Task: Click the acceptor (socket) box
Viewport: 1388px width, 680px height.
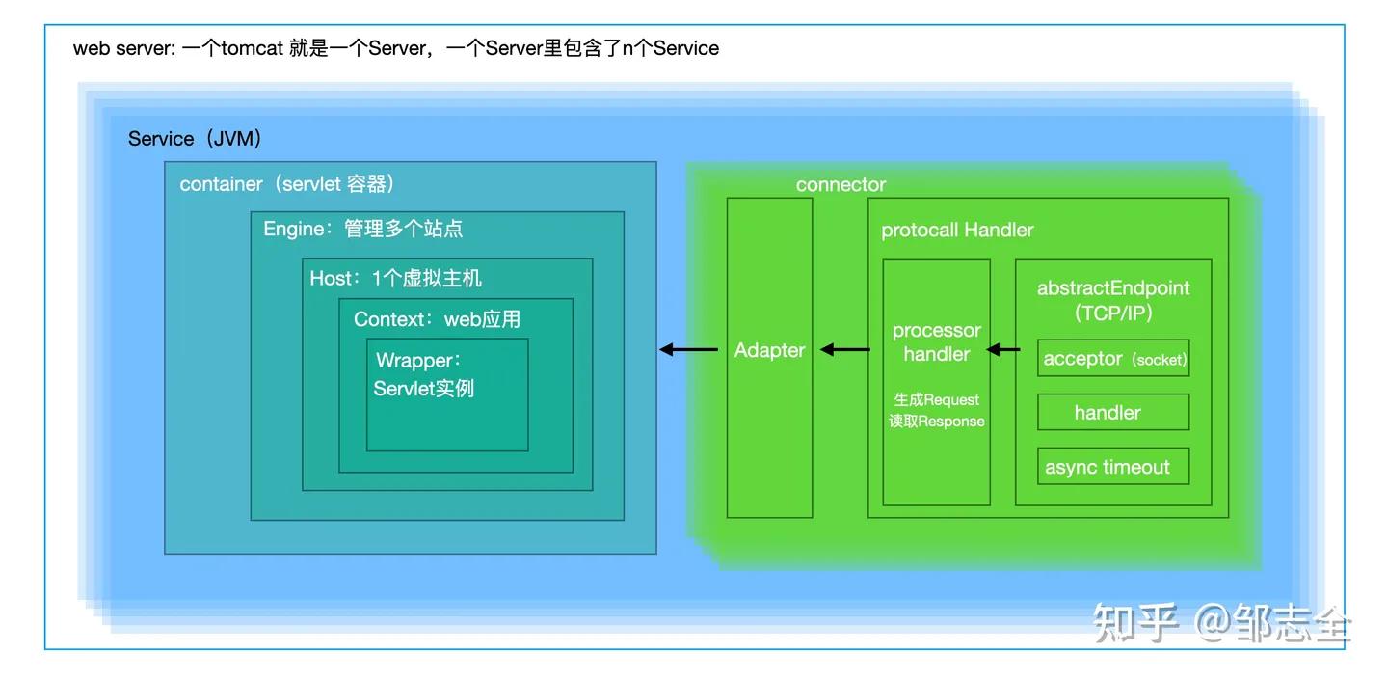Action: (x=1113, y=358)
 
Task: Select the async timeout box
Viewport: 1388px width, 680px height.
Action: (x=1113, y=467)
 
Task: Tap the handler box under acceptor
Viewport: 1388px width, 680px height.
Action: (x=1113, y=413)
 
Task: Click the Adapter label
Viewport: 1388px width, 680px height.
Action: (x=769, y=350)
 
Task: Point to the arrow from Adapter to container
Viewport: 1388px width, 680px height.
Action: (x=688, y=350)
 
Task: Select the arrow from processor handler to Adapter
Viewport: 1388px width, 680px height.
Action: (x=844, y=350)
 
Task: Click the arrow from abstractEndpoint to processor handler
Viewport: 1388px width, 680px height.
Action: (x=1004, y=350)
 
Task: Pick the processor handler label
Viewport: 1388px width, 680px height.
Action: (x=936, y=342)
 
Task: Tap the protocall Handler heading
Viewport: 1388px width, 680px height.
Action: (x=957, y=231)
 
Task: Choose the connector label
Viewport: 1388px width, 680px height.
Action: (x=841, y=185)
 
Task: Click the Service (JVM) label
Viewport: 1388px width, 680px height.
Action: (x=196, y=139)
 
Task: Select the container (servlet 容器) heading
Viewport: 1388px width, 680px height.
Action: (x=287, y=184)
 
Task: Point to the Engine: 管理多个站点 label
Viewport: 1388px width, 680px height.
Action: (x=363, y=229)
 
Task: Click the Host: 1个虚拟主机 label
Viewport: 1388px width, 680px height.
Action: (x=395, y=279)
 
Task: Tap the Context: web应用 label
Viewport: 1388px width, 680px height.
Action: (x=438, y=319)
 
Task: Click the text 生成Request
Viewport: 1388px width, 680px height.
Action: (x=936, y=399)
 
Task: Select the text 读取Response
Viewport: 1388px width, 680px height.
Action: (x=936, y=422)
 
